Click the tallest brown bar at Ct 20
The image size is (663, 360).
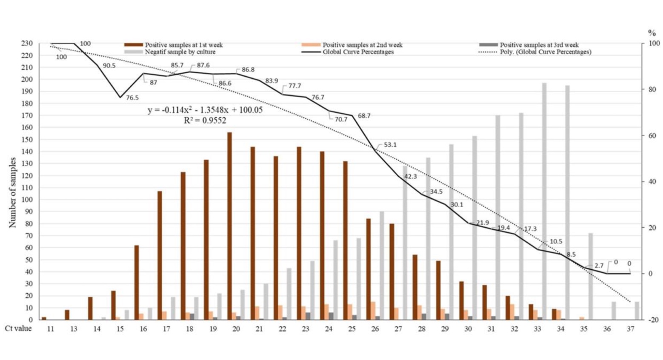click(229, 226)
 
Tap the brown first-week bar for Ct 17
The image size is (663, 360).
click(160, 255)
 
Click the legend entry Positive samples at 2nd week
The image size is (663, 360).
click(362, 45)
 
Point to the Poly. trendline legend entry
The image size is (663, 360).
click(545, 52)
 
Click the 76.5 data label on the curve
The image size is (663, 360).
click(132, 98)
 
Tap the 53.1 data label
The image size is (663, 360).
click(390, 145)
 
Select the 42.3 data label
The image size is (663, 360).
click(410, 176)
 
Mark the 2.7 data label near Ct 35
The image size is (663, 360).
click(599, 266)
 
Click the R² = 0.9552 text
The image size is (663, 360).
click(205, 121)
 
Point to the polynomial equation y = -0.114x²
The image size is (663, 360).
click(205, 110)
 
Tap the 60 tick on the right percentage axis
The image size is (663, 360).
click(651, 136)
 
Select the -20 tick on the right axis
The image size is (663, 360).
click(653, 320)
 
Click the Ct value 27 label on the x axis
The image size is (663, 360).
click(398, 329)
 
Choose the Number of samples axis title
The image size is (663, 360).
click(12, 192)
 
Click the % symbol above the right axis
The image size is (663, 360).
click(652, 33)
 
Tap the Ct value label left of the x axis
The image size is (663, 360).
click(18, 329)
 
